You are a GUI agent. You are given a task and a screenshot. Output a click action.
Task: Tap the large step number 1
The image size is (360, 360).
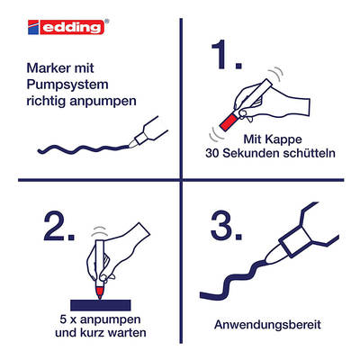click(x=227, y=56)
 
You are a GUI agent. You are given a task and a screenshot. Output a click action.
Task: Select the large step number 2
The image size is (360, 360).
click(x=58, y=226)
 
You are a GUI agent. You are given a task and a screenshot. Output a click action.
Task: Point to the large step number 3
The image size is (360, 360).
click(x=227, y=226)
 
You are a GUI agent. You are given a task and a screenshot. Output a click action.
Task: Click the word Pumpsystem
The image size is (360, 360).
click(x=67, y=85)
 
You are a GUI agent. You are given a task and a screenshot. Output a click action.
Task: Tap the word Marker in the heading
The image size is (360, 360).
click(x=45, y=68)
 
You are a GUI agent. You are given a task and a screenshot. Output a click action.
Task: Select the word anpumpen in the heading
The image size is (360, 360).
click(x=103, y=102)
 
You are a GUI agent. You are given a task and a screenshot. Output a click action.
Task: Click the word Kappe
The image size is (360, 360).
click(x=284, y=139)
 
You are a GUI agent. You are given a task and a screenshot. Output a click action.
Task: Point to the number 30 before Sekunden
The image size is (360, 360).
click(x=212, y=153)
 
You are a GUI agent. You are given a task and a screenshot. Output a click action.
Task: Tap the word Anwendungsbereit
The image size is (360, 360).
click(x=267, y=325)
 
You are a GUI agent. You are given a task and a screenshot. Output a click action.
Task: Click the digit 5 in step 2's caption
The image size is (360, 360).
click(x=63, y=319)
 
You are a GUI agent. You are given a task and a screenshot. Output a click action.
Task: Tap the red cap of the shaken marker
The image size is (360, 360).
click(x=229, y=121)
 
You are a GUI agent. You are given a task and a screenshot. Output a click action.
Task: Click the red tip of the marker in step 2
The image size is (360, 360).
click(x=100, y=292)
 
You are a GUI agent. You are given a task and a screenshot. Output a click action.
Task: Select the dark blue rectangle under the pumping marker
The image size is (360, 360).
click(x=101, y=305)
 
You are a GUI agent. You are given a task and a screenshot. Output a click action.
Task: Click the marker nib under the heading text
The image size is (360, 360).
click(x=131, y=144)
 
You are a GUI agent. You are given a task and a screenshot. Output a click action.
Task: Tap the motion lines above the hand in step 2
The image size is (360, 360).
click(x=99, y=231)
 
